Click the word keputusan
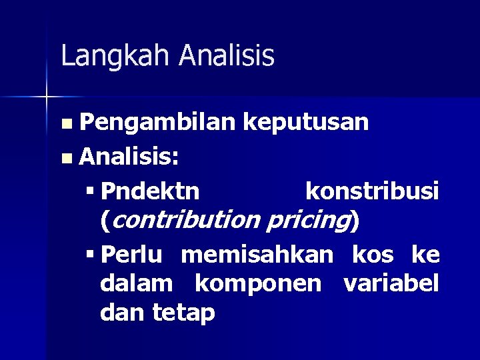305,123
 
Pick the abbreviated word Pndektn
151,192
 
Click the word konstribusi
371,192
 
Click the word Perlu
136,255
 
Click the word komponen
259,284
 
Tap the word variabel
391,284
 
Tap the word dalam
137,284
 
